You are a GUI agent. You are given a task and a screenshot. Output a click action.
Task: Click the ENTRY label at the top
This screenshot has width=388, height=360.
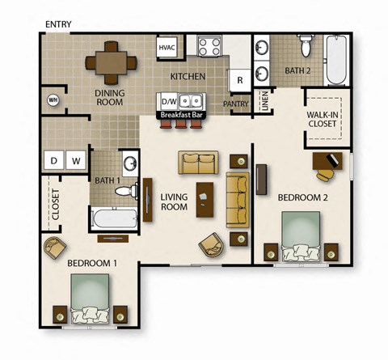pyautogui.click(x=57, y=24)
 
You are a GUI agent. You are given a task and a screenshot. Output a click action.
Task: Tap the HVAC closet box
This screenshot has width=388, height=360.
pyautogui.click(x=167, y=48)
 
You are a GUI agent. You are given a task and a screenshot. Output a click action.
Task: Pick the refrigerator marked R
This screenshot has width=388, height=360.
pyautogui.click(x=240, y=80)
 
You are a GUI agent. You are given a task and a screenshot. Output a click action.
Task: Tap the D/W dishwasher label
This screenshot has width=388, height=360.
pyautogui.click(x=169, y=101)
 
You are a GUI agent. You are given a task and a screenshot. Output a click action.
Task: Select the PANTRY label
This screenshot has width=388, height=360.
pyautogui.click(x=235, y=104)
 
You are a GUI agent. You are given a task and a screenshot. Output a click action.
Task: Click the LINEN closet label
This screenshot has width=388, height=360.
pyautogui.click(x=264, y=101)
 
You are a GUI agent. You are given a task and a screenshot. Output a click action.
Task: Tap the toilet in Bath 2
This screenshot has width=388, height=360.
pyautogui.click(x=306, y=49)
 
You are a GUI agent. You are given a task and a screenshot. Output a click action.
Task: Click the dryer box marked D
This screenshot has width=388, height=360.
pyautogui.click(x=54, y=160)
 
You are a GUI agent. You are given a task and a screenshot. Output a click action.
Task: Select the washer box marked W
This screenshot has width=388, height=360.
pyautogui.click(x=76, y=160)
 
